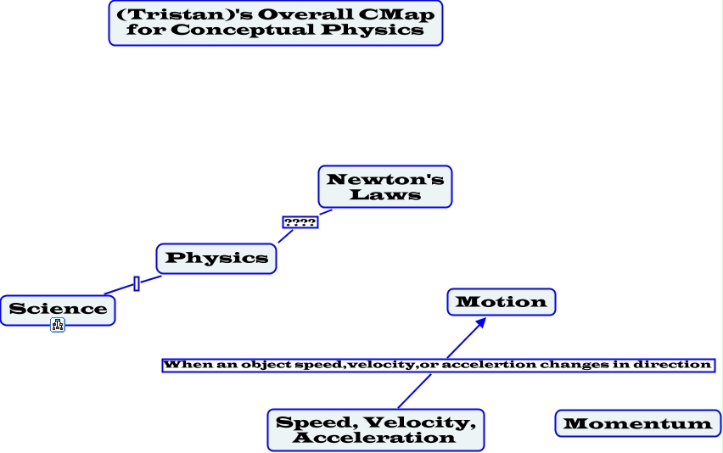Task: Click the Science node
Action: coord(58,310)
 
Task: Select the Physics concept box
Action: coord(216,259)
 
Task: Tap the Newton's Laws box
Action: coord(385,187)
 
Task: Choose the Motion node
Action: coord(502,302)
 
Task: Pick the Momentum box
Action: coord(637,423)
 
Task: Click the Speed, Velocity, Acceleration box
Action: coord(376,430)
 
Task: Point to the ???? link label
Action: coord(300,222)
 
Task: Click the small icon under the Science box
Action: coord(58,325)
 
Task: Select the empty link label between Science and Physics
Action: coord(137,283)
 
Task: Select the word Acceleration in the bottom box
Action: coord(374,438)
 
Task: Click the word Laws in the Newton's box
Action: coord(385,194)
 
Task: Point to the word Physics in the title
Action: coord(373,30)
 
